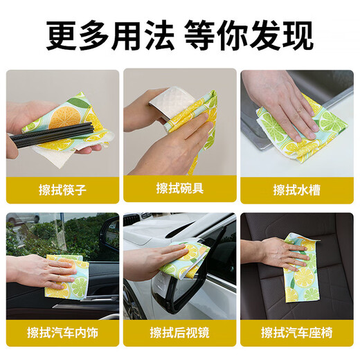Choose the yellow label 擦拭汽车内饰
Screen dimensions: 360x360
click(62, 333)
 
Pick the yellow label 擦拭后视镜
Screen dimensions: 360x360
click(179, 333)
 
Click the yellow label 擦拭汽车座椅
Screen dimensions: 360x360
click(296, 333)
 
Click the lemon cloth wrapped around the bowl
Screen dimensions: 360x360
click(197, 121)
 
